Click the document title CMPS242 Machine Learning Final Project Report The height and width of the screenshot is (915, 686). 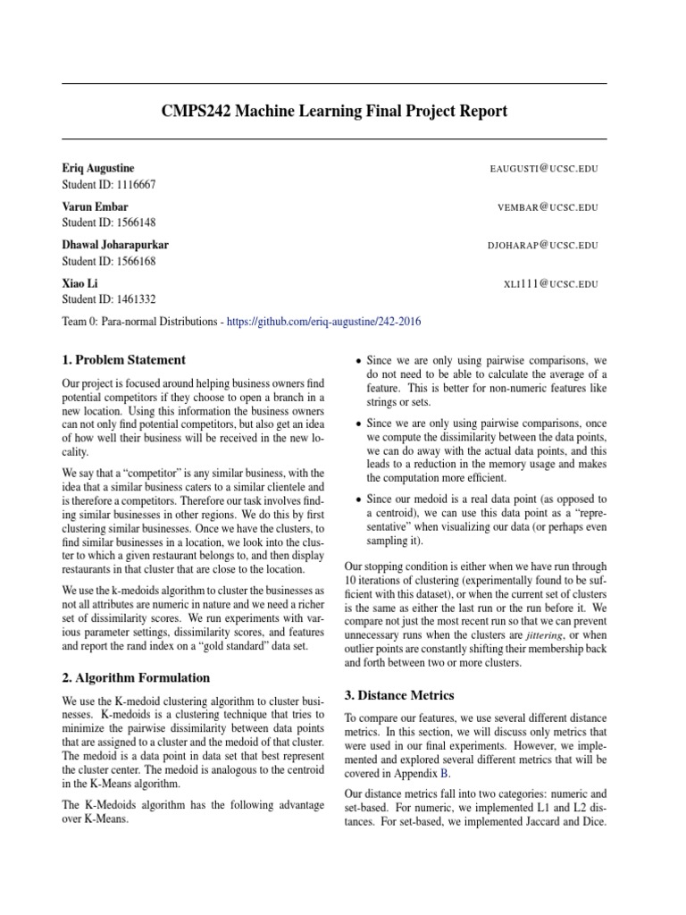[334, 112]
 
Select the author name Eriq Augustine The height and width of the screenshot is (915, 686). [98, 168]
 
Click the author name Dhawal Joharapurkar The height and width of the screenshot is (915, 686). [115, 244]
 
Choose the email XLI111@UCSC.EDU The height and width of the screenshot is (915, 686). [551, 283]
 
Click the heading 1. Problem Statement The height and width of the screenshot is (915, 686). [124, 361]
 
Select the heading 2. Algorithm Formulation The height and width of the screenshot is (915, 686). [136, 678]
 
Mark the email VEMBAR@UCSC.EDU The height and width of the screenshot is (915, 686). [548, 207]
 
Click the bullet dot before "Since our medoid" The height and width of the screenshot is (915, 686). [359, 499]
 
